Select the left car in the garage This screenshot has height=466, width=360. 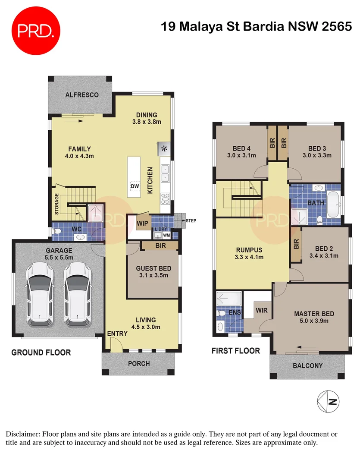coord(39,295)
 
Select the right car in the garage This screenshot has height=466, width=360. coord(78,295)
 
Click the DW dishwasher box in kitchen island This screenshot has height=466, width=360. coord(135,186)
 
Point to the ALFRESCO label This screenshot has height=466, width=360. coord(82,95)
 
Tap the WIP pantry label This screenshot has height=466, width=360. coord(142,224)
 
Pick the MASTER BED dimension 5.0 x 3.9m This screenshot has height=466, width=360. coord(314,321)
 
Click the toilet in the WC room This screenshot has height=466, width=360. coord(56,232)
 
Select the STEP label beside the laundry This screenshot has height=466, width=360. coord(191,221)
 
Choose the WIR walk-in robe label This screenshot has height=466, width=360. coord(262,310)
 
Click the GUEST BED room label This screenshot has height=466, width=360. coord(153,268)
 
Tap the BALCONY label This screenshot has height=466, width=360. coord(307,365)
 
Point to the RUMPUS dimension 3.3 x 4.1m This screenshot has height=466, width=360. coord(249,257)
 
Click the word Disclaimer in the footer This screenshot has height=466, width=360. coord(22,434)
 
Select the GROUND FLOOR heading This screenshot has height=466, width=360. coord(41,353)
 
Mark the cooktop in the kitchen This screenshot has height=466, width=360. coord(165,198)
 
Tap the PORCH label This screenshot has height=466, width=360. coord(139,364)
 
